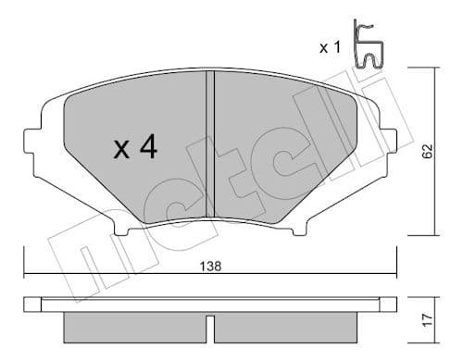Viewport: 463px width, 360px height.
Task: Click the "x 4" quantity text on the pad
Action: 134,149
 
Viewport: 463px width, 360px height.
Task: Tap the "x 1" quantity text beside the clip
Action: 332,47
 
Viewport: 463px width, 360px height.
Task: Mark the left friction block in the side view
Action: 134,327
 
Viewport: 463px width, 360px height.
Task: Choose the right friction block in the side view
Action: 287,327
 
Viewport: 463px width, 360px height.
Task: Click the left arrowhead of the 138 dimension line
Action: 28,274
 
